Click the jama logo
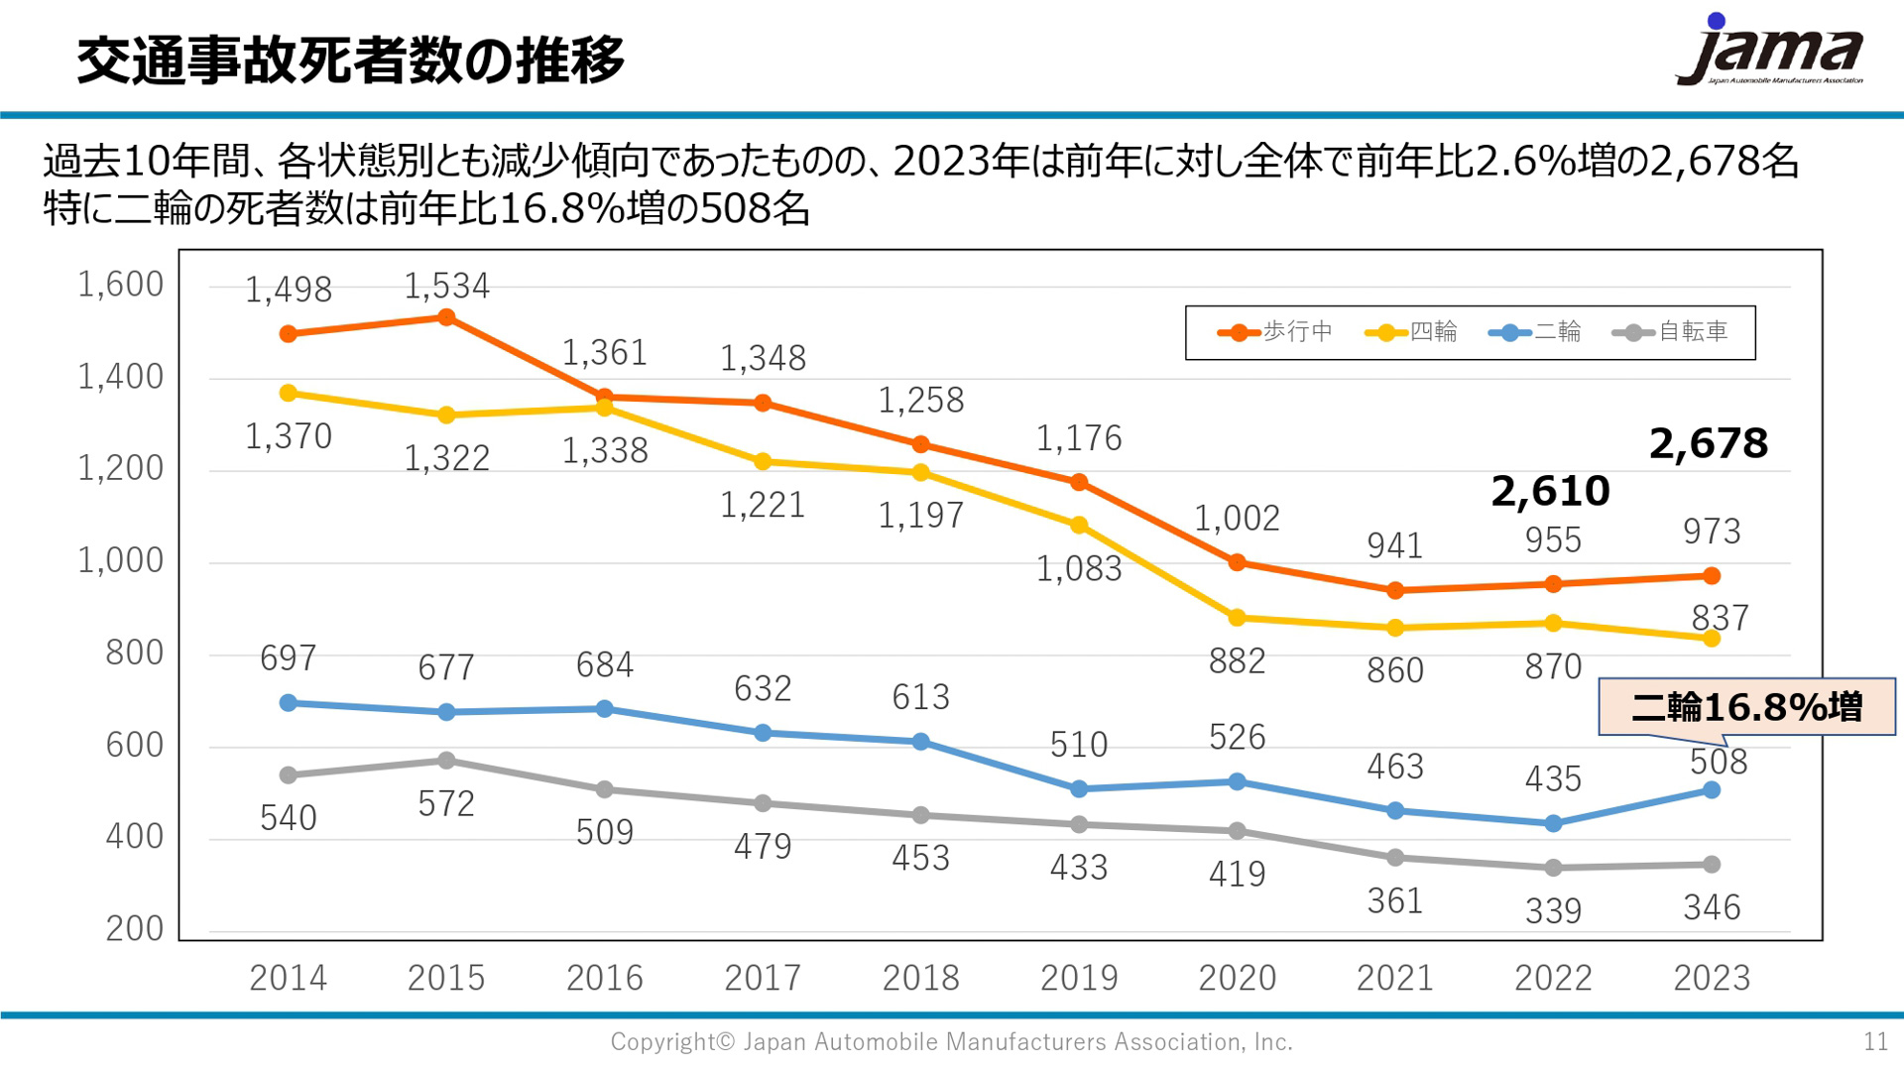[x=1770, y=52]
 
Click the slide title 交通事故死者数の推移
[x=351, y=59]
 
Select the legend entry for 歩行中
[x=1275, y=332]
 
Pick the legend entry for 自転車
[x=1670, y=332]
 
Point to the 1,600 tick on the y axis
[x=121, y=285]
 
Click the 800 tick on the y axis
[x=134, y=653]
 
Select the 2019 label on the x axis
[x=1079, y=978]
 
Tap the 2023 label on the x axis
[x=1712, y=978]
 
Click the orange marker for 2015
[x=446, y=317]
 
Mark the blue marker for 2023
[x=1712, y=790]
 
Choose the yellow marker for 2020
[x=1237, y=618]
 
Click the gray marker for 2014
[x=289, y=774]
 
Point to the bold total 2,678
[x=1708, y=443]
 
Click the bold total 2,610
[x=1550, y=491]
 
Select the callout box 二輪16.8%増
[x=1746, y=707]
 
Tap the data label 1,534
[x=446, y=286]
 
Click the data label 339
[x=1553, y=910]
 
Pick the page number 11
[x=1875, y=1041]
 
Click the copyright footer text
[x=951, y=1041]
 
